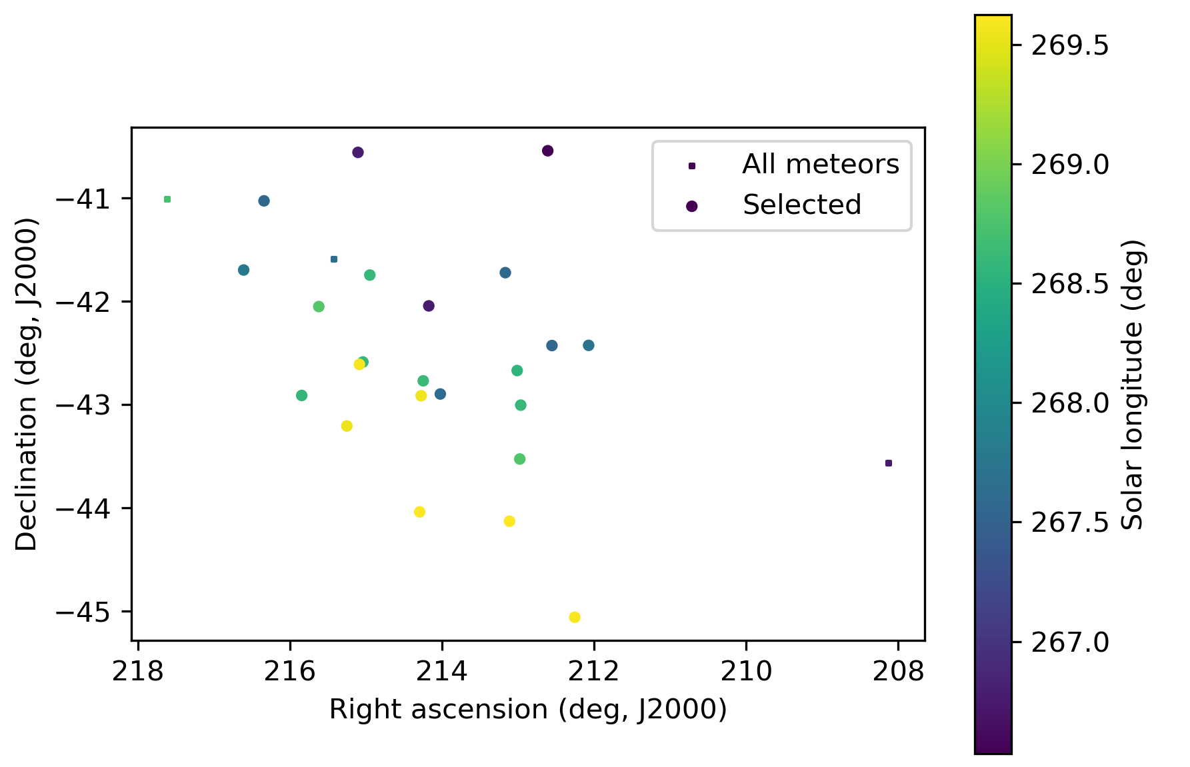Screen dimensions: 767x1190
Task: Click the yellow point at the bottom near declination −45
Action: point(575,617)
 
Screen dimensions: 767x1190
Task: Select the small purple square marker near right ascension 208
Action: point(888,463)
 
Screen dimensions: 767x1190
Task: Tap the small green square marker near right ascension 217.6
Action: point(167,199)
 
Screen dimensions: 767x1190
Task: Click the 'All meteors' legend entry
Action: point(820,165)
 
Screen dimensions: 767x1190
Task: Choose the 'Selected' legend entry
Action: point(801,205)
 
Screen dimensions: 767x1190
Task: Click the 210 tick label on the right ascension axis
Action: point(745,672)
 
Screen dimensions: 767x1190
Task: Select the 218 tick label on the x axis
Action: point(138,672)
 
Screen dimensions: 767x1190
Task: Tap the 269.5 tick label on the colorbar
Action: point(1070,46)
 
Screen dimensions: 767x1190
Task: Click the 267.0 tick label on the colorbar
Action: point(1070,642)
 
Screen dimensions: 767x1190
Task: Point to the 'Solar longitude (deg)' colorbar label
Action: point(1133,384)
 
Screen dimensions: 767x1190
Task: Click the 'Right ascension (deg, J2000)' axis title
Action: point(527,710)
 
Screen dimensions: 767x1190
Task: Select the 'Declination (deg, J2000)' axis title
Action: point(27,384)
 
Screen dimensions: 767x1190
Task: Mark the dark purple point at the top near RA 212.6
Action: point(548,151)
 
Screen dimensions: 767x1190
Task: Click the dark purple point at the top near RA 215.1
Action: point(358,153)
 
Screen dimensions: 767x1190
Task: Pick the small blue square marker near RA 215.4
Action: point(334,259)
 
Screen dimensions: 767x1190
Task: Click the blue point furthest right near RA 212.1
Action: point(589,345)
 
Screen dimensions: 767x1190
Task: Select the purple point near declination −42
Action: point(429,306)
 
